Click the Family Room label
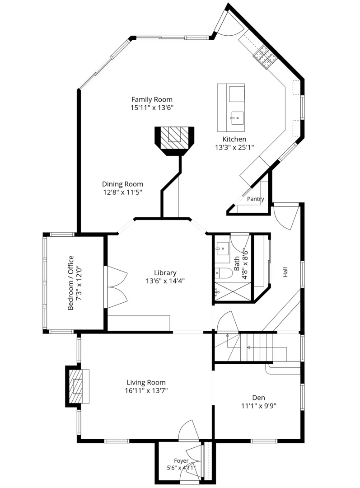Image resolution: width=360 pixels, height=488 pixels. tap(152, 99)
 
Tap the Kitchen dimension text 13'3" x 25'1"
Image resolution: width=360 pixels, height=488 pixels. tap(234, 147)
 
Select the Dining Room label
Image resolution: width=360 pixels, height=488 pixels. tap(122, 184)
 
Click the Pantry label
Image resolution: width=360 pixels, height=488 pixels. tap(256, 199)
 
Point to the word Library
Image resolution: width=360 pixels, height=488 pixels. tap(165, 272)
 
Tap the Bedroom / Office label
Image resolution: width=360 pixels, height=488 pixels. tap(70, 282)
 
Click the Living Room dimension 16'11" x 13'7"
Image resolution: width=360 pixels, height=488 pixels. tap(146, 390)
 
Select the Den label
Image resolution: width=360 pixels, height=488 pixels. tap(258, 398)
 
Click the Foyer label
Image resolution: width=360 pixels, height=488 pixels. tap(181, 460)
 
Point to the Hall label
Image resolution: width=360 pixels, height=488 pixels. tap(285, 272)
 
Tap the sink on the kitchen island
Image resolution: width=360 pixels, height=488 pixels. tap(237, 118)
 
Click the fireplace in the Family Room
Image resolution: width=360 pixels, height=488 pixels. tap(174, 141)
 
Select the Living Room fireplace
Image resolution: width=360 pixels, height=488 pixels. tap(77, 386)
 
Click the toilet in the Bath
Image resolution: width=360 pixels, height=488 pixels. tap(224, 273)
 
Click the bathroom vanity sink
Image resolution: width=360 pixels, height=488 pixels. tap(223, 249)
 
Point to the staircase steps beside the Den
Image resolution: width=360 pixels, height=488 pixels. tap(256, 347)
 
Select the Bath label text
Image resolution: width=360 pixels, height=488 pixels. tap(237, 263)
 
